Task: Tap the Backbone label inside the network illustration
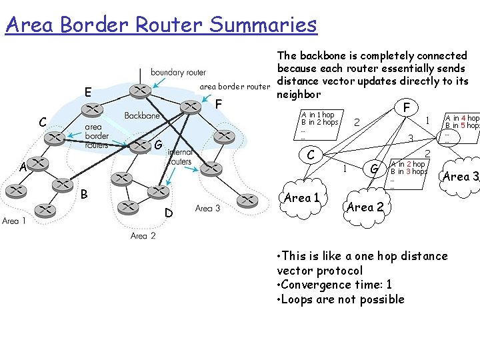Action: click(142, 116)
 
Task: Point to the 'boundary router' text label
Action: click(178, 72)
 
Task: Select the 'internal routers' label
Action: click(180, 157)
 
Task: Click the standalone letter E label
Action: click(87, 91)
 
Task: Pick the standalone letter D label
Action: click(169, 213)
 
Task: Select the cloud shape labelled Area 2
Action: click(365, 207)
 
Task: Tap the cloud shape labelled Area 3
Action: click(461, 177)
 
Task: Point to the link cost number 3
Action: click(411, 139)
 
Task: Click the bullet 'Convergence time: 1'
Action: click(334, 285)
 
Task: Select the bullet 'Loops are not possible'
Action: click(340, 299)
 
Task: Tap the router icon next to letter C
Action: click(55, 138)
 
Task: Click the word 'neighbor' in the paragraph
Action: click(299, 94)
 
